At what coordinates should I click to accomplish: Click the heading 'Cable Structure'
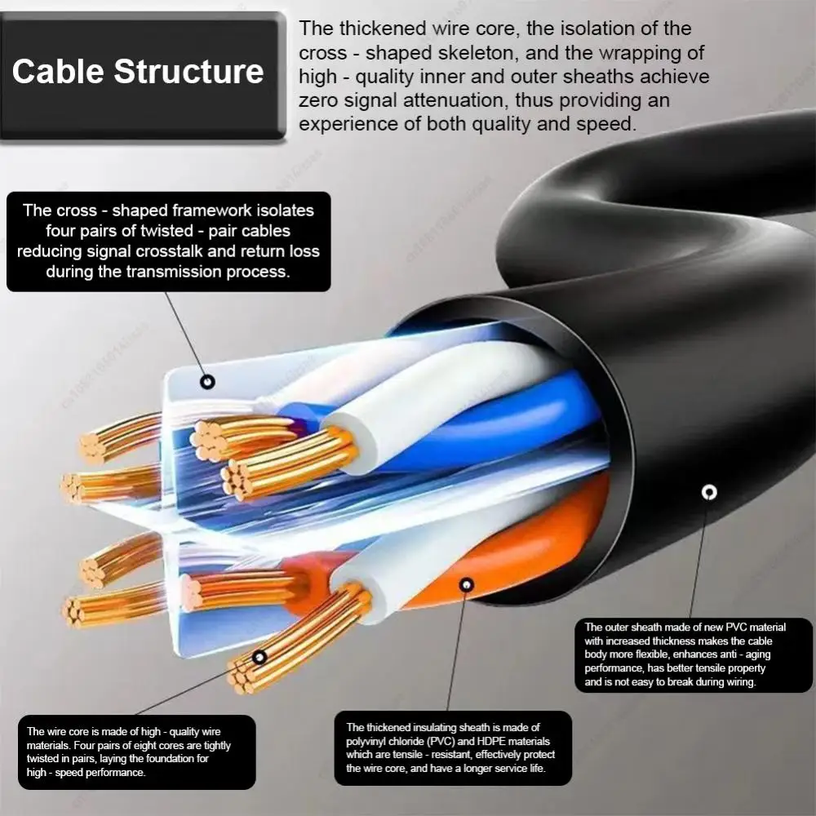(138, 71)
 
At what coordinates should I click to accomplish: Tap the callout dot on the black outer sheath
(709, 491)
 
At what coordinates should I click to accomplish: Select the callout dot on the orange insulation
(466, 584)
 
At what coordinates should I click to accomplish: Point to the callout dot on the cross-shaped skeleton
(207, 381)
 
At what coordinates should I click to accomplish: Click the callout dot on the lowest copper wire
(259, 657)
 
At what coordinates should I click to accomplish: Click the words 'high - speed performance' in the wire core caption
(86, 772)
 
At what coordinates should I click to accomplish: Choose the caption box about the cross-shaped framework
(169, 241)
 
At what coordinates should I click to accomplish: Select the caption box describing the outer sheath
(693, 654)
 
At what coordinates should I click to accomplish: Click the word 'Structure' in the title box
(188, 71)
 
